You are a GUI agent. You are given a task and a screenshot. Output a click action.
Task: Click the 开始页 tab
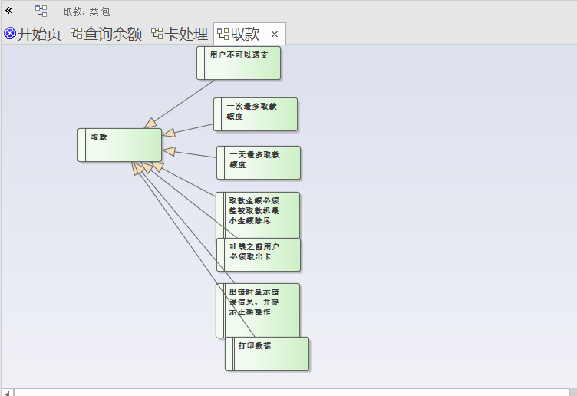tap(38, 34)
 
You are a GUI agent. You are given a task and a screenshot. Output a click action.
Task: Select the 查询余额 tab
tap(113, 34)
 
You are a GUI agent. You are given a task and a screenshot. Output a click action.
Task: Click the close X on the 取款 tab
tap(275, 34)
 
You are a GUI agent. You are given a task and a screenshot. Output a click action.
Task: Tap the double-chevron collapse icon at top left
tap(9, 11)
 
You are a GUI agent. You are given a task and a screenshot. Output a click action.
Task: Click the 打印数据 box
tap(268, 354)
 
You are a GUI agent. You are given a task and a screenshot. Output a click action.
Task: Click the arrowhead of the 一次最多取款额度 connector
tap(170, 133)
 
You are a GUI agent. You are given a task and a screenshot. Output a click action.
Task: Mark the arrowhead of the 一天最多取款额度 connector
tap(170, 150)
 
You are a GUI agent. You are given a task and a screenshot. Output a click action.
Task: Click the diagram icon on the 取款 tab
tap(223, 34)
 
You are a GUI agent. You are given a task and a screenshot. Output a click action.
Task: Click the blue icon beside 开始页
tap(10, 34)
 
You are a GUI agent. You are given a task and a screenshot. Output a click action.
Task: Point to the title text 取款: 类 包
tap(87, 12)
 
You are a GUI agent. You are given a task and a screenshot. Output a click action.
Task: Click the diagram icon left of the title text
tap(41, 11)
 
